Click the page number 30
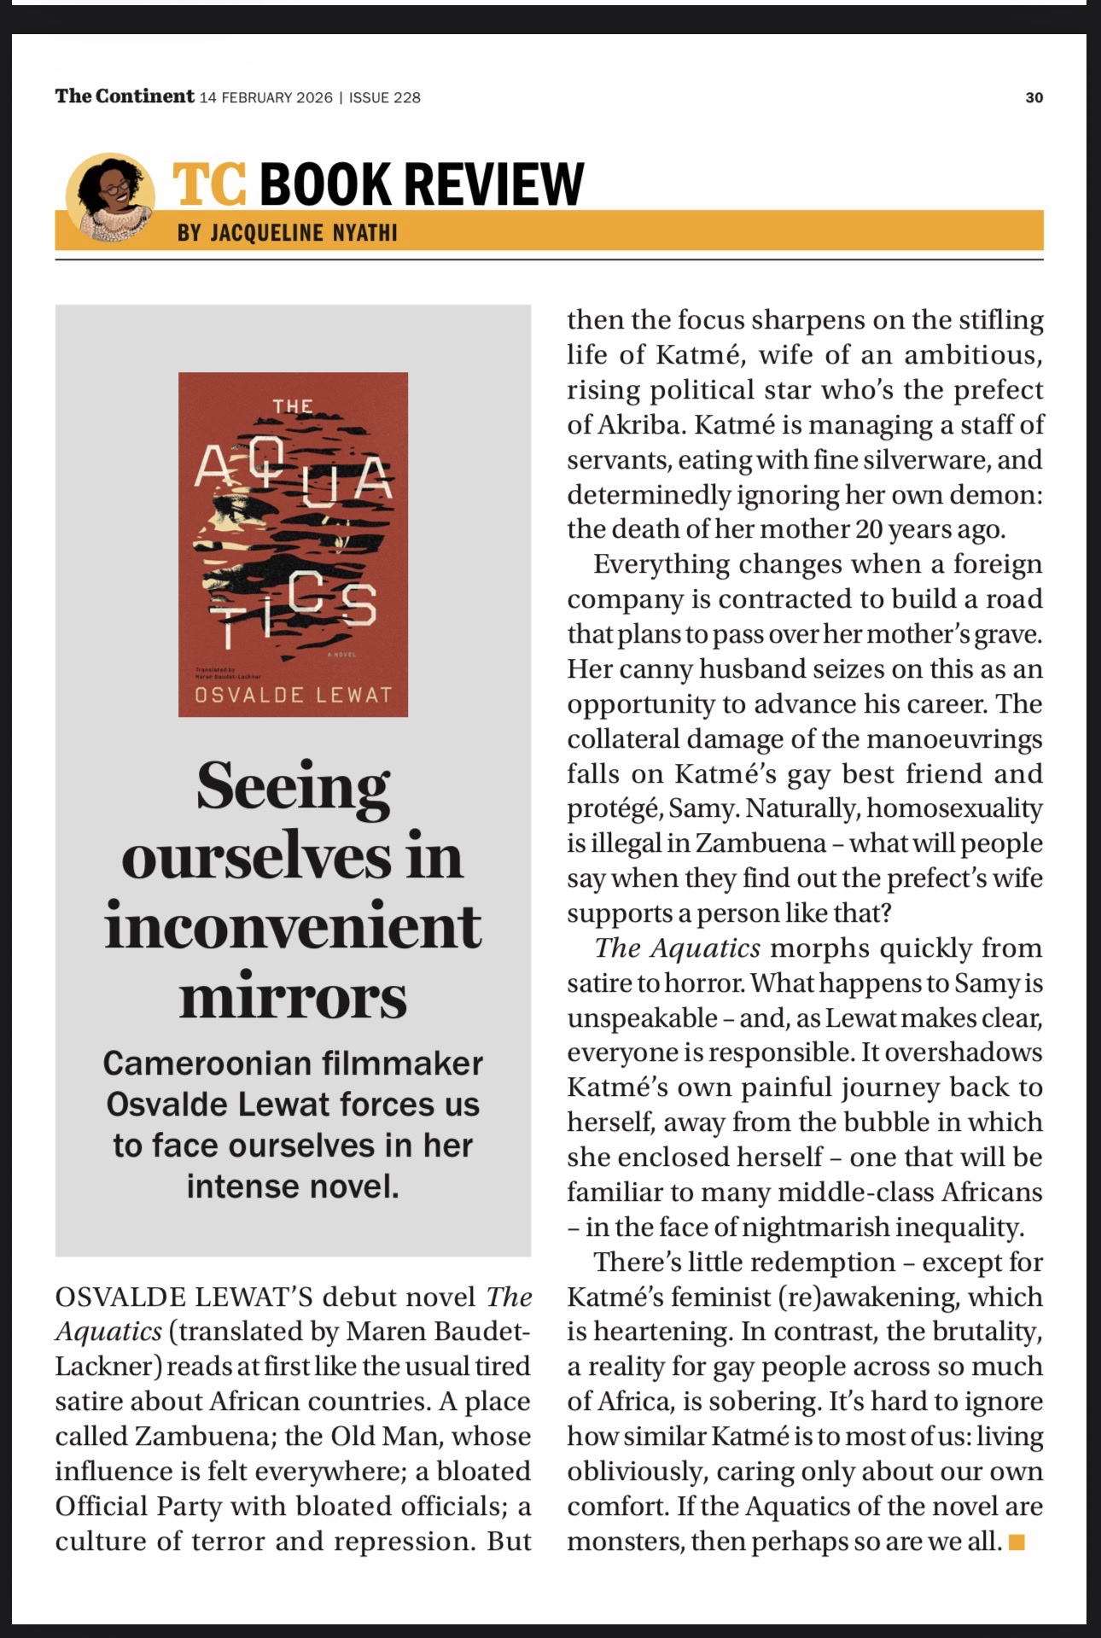[1034, 97]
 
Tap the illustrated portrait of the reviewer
[110, 198]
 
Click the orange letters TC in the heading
[209, 184]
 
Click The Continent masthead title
[125, 96]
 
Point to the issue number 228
[406, 97]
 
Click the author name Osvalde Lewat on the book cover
[293, 694]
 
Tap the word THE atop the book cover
[293, 406]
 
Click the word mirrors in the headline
[293, 996]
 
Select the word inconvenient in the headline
[293, 926]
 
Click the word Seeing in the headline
[293, 786]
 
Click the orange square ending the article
[1016, 1542]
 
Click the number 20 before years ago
[868, 529]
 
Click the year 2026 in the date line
[314, 97]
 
